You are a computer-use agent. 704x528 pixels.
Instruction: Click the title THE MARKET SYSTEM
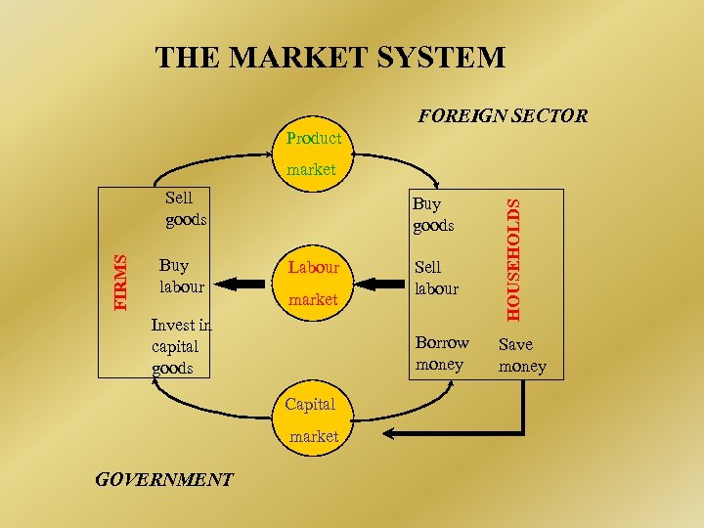pyautogui.click(x=330, y=58)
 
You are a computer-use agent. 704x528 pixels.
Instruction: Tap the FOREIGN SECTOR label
pyautogui.click(x=503, y=116)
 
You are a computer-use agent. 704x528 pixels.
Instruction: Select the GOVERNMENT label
pyautogui.click(x=163, y=479)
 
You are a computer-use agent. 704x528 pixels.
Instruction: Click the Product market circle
pyautogui.click(x=313, y=154)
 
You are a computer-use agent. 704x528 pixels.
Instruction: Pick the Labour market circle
pyautogui.click(x=313, y=283)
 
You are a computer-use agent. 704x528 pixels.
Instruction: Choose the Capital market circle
pyautogui.click(x=313, y=419)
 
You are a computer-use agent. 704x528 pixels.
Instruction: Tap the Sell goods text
pyautogui.click(x=185, y=209)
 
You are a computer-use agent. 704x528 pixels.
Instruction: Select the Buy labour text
pyautogui.click(x=181, y=276)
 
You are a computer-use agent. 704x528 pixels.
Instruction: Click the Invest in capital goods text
pyautogui.click(x=181, y=346)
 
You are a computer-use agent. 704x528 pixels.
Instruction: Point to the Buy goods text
pyautogui.click(x=433, y=215)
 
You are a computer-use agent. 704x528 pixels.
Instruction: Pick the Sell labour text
pyautogui.click(x=436, y=278)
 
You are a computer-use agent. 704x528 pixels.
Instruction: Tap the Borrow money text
pyautogui.click(x=442, y=354)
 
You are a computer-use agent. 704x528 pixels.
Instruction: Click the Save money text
pyautogui.click(x=522, y=356)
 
